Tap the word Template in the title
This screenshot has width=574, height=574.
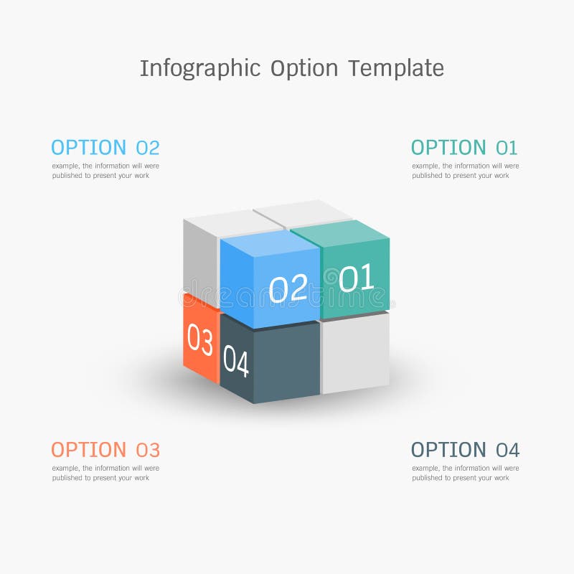[x=396, y=69]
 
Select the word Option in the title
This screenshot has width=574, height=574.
[x=304, y=69]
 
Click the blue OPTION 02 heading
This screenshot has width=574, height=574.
[x=105, y=148]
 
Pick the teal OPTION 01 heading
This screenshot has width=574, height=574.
[x=464, y=148]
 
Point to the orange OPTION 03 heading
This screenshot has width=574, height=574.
[x=105, y=450]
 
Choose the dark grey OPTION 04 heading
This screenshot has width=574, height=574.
[x=465, y=450]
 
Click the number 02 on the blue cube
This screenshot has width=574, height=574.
[x=288, y=288]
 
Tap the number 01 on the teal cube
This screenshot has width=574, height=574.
[x=357, y=278]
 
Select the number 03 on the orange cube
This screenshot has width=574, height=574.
[x=199, y=340]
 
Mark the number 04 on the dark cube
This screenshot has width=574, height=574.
[x=235, y=360]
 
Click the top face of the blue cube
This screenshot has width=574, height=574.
[x=270, y=241]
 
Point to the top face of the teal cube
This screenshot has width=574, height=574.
[x=339, y=230]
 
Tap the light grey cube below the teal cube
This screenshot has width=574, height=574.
[x=354, y=352]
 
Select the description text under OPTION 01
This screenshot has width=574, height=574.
[x=465, y=171]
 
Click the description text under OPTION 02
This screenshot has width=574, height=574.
[x=105, y=171]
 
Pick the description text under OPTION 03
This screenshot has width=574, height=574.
[x=105, y=473]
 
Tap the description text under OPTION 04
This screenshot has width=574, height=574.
[x=465, y=473]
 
